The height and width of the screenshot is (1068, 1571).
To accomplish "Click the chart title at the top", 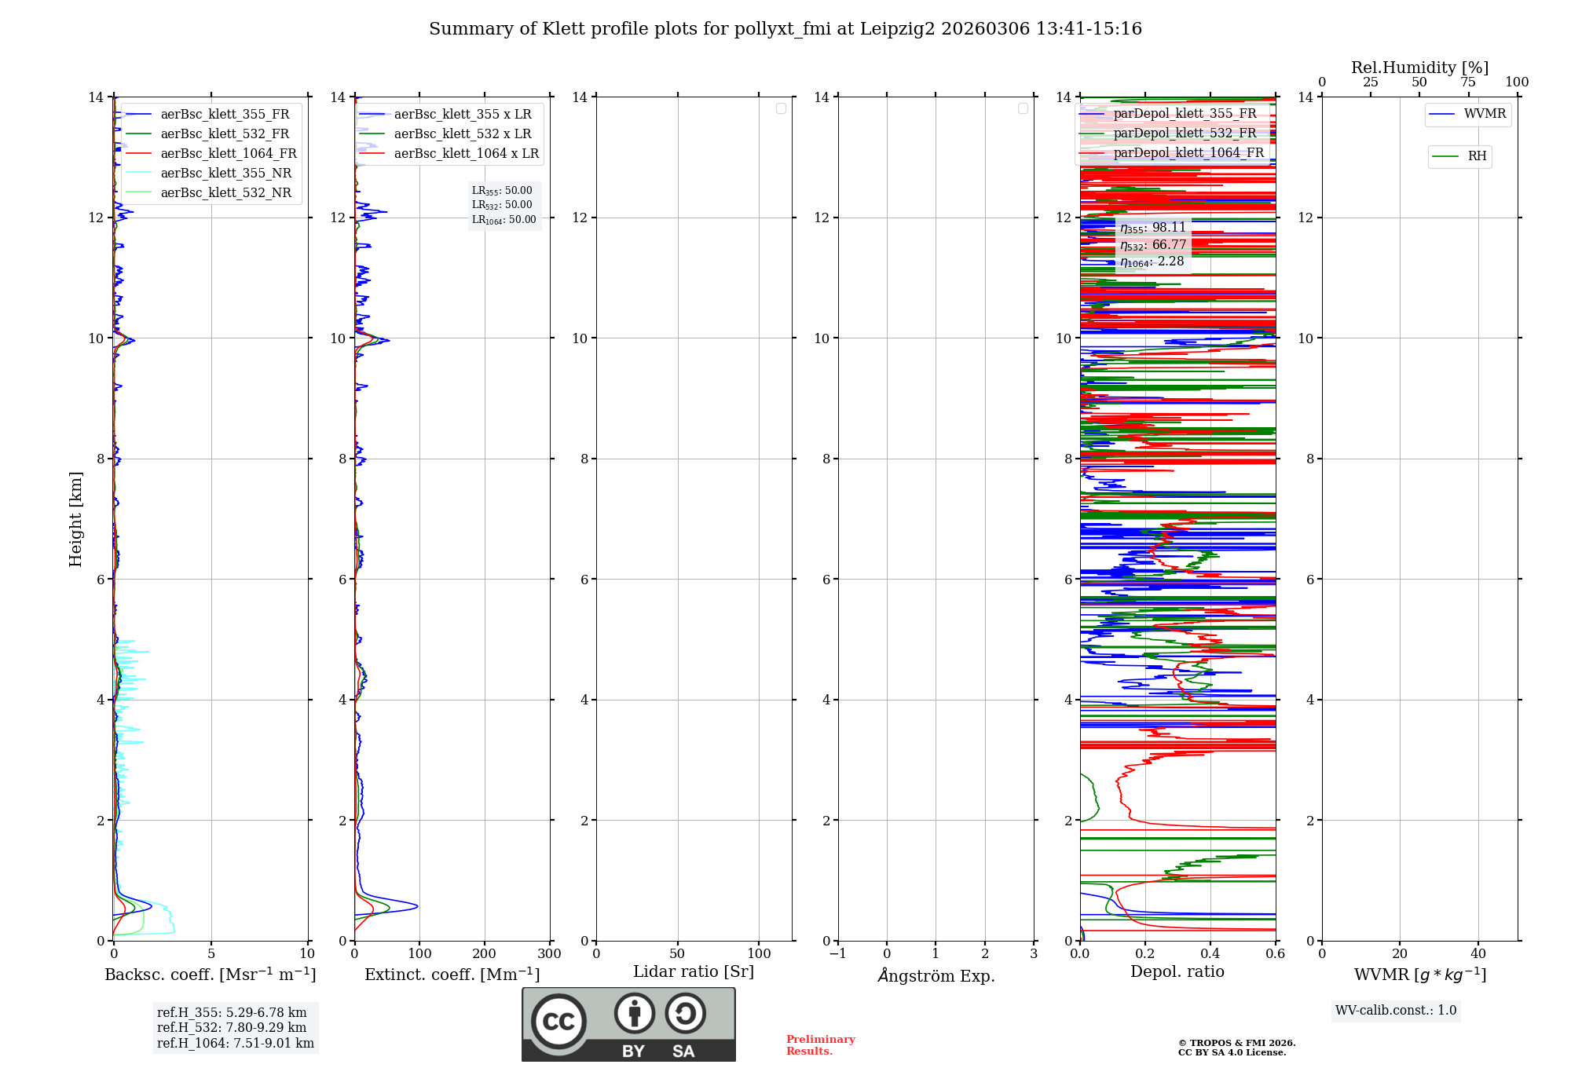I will tap(785, 29).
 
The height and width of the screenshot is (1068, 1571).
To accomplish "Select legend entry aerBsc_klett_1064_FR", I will tap(228, 154).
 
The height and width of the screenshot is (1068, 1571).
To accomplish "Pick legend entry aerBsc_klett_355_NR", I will tap(225, 174).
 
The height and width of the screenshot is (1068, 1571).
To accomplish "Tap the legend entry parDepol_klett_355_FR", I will tap(1185, 114).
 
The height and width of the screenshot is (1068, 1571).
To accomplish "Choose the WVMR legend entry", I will tap(1484, 114).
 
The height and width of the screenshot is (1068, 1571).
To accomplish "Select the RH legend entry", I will tap(1476, 156).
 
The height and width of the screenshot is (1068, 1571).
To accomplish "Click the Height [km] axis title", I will tap(75, 518).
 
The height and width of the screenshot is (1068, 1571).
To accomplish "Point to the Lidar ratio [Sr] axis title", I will tap(693, 972).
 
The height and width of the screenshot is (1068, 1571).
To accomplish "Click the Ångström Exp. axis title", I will tap(936, 975).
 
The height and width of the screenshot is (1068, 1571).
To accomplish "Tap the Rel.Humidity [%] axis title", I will tap(1419, 68).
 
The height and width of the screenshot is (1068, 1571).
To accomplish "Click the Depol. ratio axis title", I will tap(1177, 972).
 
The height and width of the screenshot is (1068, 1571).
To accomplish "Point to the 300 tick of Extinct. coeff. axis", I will tap(549, 953).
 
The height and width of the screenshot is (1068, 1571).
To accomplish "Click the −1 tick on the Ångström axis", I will tap(838, 953).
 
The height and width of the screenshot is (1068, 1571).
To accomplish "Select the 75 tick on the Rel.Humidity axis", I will tap(1467, 82).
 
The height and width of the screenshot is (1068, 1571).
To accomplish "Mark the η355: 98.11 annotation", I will tap(1152, 228).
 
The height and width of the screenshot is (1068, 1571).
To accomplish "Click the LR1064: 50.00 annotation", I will tap(504, 220).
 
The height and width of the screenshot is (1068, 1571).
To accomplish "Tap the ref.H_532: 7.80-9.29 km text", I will tap(232, 1028).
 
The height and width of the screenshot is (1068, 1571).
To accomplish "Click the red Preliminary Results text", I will tap(820, 1045).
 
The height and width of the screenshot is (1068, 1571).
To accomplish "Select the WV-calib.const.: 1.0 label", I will tap(1396, 1011).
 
